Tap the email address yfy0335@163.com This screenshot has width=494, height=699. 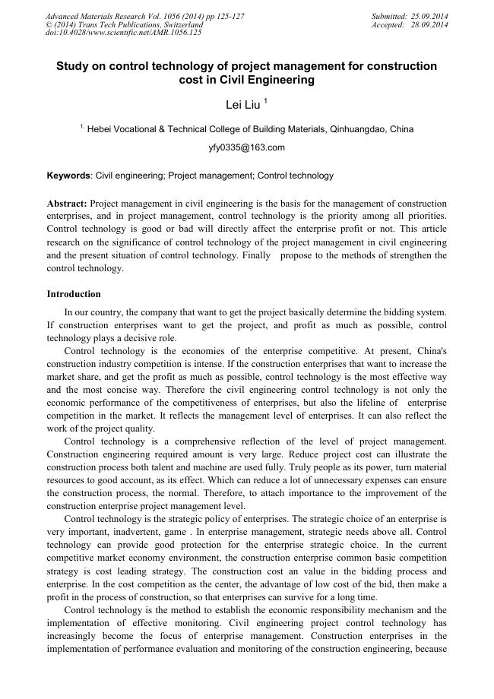pos(246,147)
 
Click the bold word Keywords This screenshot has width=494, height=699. pos(68,176)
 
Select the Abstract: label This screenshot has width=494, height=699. pos(67,204)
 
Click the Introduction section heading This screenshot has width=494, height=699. pos(74,294)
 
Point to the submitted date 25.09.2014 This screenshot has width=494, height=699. pos(429,17)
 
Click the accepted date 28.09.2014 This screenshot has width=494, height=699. pos(429,25)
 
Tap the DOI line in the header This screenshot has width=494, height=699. pos(124,33)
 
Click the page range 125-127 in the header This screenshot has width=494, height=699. pos(228,17)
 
